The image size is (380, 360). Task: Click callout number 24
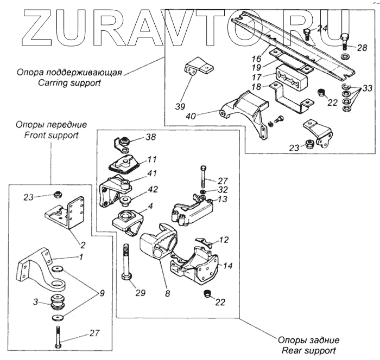(x=322, y=28)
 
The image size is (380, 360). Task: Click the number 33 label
(x=368, y=88)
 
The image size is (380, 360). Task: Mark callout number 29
(x=141, y=293)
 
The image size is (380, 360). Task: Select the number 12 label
(x=224, y=239)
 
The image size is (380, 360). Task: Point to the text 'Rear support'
(x=309, y=350)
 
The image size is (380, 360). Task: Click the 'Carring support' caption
(x=69, y=83)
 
